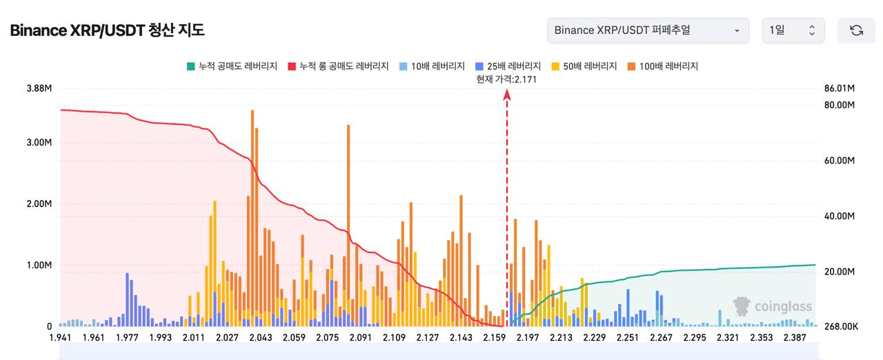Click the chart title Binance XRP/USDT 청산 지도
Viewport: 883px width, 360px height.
click(x=107, y=31)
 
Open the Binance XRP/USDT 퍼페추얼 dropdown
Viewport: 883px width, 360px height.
click(x=647, y=30)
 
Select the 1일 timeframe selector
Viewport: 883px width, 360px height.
click(x=793, y=30)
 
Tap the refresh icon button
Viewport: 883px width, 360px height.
click(x=856, y=30)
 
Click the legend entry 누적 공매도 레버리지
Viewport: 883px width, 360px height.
click(x=232, y=66)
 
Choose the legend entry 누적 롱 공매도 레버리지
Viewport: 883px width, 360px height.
click(x=340, y=66)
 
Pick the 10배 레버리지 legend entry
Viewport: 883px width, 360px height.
click(x=432, y=66)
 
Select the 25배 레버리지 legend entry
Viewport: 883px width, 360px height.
click(x=508, y=66)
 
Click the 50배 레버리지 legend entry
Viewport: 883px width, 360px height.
click(x=584, y=66)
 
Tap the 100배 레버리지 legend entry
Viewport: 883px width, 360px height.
click(x=663, y=66)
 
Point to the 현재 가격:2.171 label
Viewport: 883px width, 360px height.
click(x=506, y=79)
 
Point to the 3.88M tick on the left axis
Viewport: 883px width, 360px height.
click(x=39, y=89)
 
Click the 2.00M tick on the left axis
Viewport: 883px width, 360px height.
click(x=39, y=204)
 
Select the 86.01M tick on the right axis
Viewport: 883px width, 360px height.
click(x=840, y=89)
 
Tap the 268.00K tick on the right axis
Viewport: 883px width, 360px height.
click(x=840, y=326)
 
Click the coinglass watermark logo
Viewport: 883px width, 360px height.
click(x=773, y=307)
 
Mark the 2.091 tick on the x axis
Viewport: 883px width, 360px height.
click(x=360, y=338)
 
